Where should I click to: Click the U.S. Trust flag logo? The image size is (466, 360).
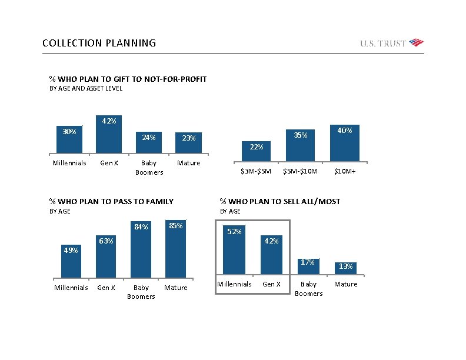click(x=416, y=42)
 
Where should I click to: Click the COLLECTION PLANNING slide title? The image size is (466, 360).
click(x=99, y=43)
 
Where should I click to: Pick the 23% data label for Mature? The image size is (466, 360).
click(x=189, y=138)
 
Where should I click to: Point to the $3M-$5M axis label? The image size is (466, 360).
click(x=256, y=172)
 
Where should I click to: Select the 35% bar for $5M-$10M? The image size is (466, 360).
click(x=300, y=145)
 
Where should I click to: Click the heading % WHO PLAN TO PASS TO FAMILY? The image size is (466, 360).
click(x=111, y=201)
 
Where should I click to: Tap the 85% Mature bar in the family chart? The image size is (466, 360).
click(x=175, y=248)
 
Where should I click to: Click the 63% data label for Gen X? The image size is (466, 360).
click(x=106, y=241)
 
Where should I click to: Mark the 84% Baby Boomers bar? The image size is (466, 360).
click(x=141, y=249)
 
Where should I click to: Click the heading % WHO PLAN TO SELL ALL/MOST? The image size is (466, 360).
click(x=280, y=201)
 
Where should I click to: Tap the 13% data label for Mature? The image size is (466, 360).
click(x=346, y=266)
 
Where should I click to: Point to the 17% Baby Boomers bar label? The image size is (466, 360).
click(x=308, y=262)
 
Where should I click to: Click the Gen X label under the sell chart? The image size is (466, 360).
click(x=271, y=284)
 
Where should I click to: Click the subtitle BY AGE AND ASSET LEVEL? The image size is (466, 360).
click(x=86, y=89)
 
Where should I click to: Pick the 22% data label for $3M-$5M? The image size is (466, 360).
click(x=256, y=146)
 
